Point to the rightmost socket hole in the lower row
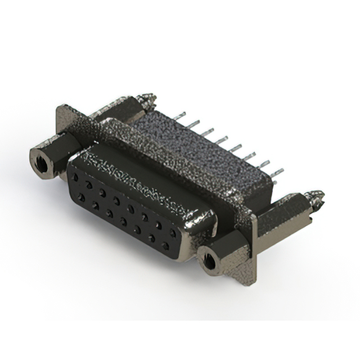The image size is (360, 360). coord(165,246)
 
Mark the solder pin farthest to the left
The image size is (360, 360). coord(179,116)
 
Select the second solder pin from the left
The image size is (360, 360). coord(193,123)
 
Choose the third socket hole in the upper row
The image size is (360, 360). coord(102,192)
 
